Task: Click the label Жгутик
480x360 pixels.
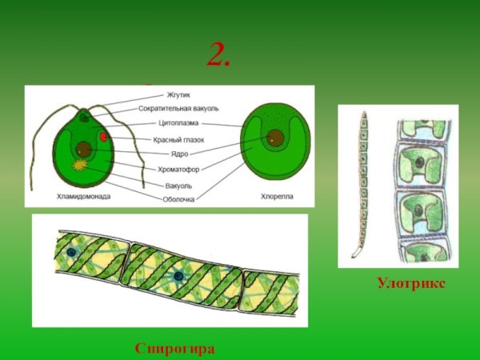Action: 178,95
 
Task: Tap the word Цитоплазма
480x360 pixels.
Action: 178,124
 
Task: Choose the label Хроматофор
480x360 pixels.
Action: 178,169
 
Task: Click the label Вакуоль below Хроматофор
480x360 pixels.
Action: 178,185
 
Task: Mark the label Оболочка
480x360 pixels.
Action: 178,199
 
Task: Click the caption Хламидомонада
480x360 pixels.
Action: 83,196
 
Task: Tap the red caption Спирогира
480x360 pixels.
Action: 174,349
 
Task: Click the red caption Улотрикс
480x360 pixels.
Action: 410,284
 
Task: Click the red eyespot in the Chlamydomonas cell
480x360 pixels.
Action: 105,138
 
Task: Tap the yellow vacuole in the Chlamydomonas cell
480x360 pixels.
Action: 81,166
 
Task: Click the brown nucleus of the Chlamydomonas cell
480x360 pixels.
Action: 85,149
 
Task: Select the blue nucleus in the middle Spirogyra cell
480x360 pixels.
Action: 178,276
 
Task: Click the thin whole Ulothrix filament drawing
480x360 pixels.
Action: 361,184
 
